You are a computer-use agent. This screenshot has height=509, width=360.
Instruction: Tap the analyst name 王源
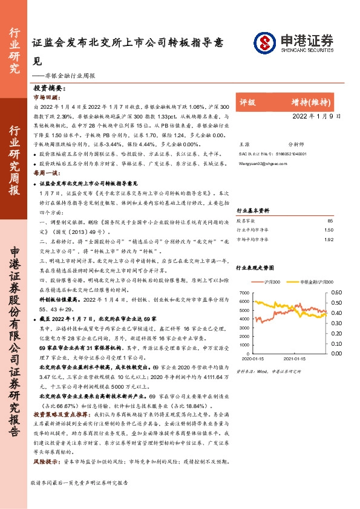[244, 145]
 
